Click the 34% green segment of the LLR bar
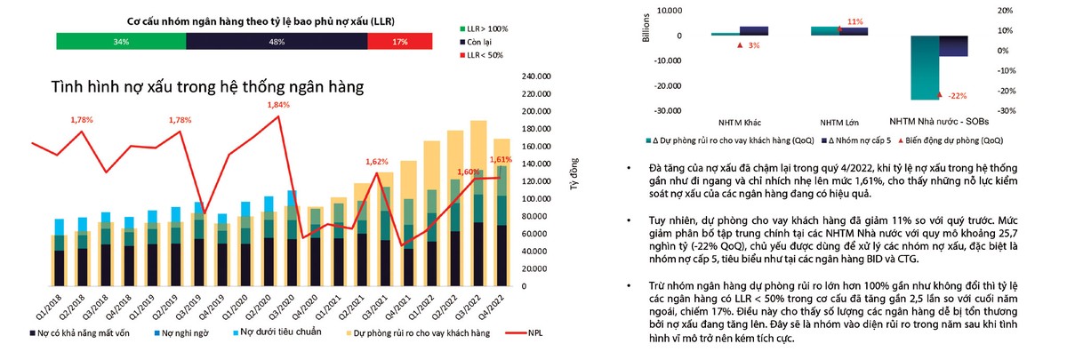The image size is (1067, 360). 121,41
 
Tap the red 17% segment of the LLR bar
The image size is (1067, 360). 400,41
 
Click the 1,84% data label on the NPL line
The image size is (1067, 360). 278,105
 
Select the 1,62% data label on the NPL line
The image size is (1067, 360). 376,162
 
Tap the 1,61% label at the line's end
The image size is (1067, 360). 501,159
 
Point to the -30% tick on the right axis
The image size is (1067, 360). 1040,111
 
